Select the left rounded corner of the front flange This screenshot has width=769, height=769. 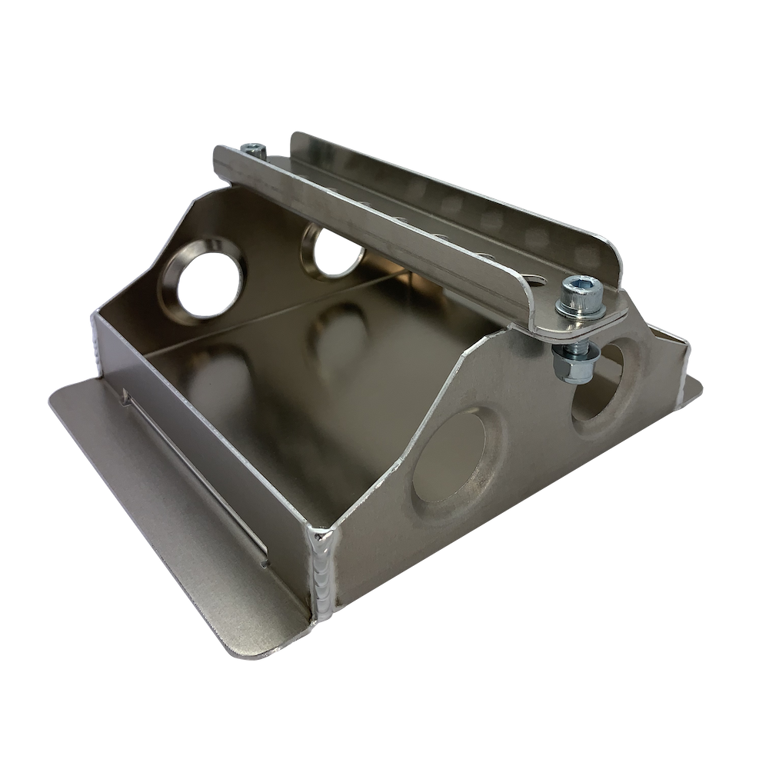(x=62, y=392)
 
